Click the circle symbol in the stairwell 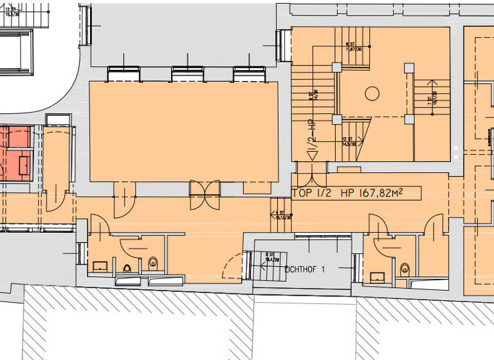click(x=371, y=94)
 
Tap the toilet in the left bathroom click(x=154, y=262)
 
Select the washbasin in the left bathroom click(x=100, y=265)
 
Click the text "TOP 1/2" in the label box click(x=311, y=192)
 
